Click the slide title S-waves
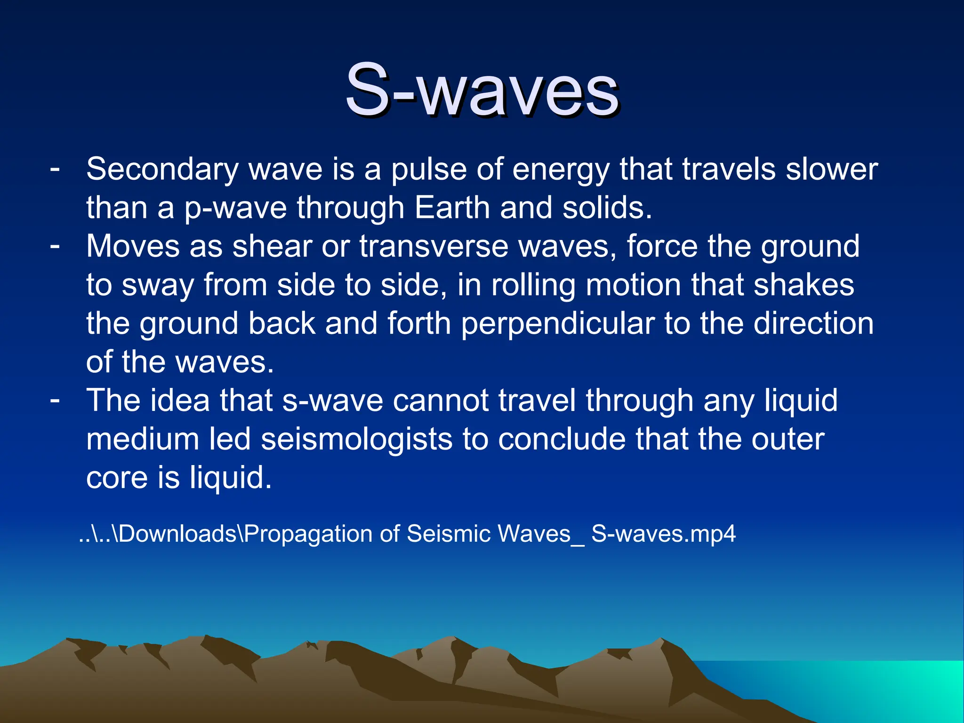tap(482, 90)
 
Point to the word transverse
tap(434, 246)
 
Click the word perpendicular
tap(558, 324)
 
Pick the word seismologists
tap(356, 439)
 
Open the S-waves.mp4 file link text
tap(663, 534)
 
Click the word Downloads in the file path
tap(177, 534)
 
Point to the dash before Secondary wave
tap(55, 168)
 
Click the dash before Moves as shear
tap(55, 245)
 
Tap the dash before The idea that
tap(55, 400)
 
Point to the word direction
tap(813, 324)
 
